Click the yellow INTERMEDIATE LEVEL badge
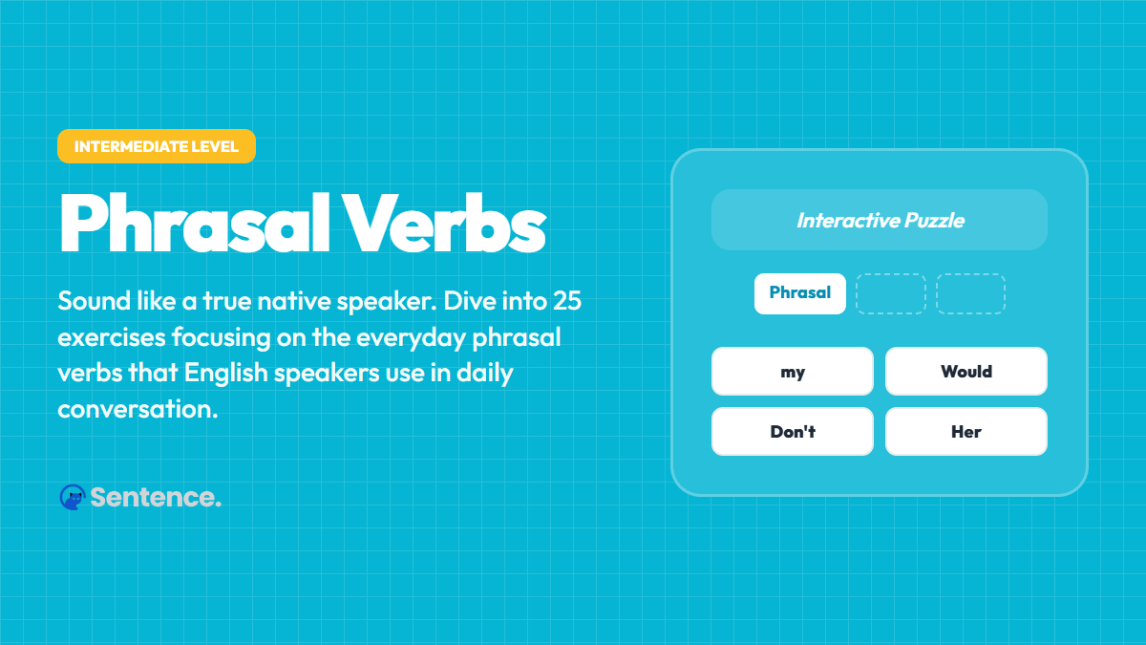[156, 146]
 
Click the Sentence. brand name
[156, 497]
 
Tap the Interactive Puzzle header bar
[880, 220]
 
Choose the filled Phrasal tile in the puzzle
[799, 293]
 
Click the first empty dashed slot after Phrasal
[890, 293]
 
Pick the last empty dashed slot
[970, 293]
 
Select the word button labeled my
[792, 372]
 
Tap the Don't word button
[792, 431]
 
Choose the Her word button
[966, 431]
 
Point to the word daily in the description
[481, 373]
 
